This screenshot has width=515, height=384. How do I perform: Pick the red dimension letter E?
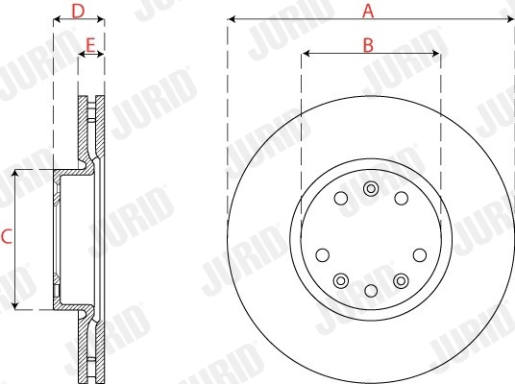pos(90,44)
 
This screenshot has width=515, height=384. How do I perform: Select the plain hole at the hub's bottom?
pos(371,290)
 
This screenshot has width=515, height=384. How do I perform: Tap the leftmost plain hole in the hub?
pos(323,254)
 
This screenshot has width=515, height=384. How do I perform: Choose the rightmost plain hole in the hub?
pos(419,254)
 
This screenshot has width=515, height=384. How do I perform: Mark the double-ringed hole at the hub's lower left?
pos(341,279)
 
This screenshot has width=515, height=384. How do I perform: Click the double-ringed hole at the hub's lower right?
pos(401,279)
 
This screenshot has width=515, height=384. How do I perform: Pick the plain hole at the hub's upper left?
pos(341,199)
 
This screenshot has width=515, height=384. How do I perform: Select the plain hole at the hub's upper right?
pos(401,199)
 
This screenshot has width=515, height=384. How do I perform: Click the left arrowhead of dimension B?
pos(306,54)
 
